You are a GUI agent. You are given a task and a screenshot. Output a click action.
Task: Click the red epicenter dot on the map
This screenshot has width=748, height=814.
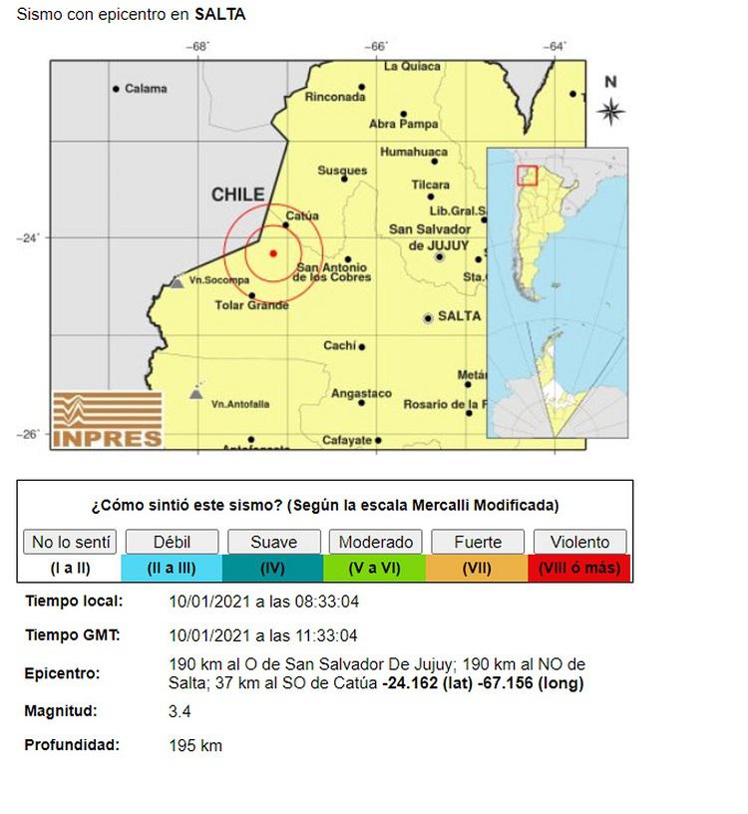tap(273, 253)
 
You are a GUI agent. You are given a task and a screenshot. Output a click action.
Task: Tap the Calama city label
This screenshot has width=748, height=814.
tap(146, 89)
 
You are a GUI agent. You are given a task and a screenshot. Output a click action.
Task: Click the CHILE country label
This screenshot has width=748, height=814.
tap(237, 196)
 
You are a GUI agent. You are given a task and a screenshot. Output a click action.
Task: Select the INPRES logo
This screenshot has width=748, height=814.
tap(107, 419)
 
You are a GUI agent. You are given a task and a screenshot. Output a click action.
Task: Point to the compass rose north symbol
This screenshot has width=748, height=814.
tap(610, 109)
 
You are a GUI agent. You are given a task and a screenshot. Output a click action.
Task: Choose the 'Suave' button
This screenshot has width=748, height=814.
tap(273, 543)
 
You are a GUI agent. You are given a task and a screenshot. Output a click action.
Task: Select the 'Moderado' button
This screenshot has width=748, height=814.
tap(375, 543)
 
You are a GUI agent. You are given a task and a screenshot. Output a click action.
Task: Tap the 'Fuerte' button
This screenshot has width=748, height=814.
tap(478, 543)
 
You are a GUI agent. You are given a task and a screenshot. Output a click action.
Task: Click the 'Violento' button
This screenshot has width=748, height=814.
tap(579, 543)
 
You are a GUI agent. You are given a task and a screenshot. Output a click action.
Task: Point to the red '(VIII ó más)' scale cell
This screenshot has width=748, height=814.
tap(579, 569)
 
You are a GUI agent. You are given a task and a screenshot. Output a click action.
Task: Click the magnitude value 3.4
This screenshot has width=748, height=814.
tap(181, 711)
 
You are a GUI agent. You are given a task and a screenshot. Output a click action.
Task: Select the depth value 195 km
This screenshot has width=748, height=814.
tap(196, 745)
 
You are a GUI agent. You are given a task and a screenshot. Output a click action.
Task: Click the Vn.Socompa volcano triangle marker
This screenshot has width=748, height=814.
tap(177, 282)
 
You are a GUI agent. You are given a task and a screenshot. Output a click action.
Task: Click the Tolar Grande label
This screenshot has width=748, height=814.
tap(250, 305)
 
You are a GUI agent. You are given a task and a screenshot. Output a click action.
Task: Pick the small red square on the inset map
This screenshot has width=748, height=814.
tap(528, 176)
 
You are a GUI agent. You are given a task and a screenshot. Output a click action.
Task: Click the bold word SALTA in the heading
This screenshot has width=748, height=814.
tap(220, 15)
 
